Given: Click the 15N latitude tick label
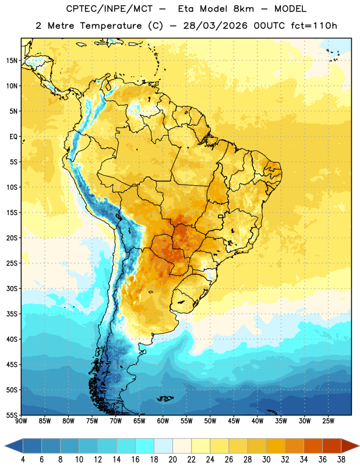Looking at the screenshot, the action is point(12,61).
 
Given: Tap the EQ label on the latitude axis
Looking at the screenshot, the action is point(13,137).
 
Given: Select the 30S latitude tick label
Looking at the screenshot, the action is point(12,289).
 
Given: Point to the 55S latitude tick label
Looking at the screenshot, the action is point(12,415).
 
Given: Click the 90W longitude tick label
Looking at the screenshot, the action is point(21,421).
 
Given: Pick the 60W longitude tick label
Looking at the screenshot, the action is point(163,421).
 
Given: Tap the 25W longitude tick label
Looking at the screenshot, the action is point(328,421).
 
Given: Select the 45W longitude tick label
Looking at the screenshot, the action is point(234,421).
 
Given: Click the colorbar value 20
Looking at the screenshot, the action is point(172,460).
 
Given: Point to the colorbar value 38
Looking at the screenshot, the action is point(341,460).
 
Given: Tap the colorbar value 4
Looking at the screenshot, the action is point(23,460).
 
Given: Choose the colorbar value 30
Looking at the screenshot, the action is point(266,460).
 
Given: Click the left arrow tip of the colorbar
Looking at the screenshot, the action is point(5,446).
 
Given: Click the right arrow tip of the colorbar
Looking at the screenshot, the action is point(359,446).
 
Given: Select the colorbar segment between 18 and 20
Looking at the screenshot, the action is point(163,446).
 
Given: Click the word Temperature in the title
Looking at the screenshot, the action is point(111,26).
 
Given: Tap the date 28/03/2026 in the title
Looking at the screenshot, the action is point(215,26).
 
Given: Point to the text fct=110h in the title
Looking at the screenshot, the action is point(314,26).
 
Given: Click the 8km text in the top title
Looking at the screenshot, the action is point(243,9).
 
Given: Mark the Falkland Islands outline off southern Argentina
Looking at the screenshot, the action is point(165,398).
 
